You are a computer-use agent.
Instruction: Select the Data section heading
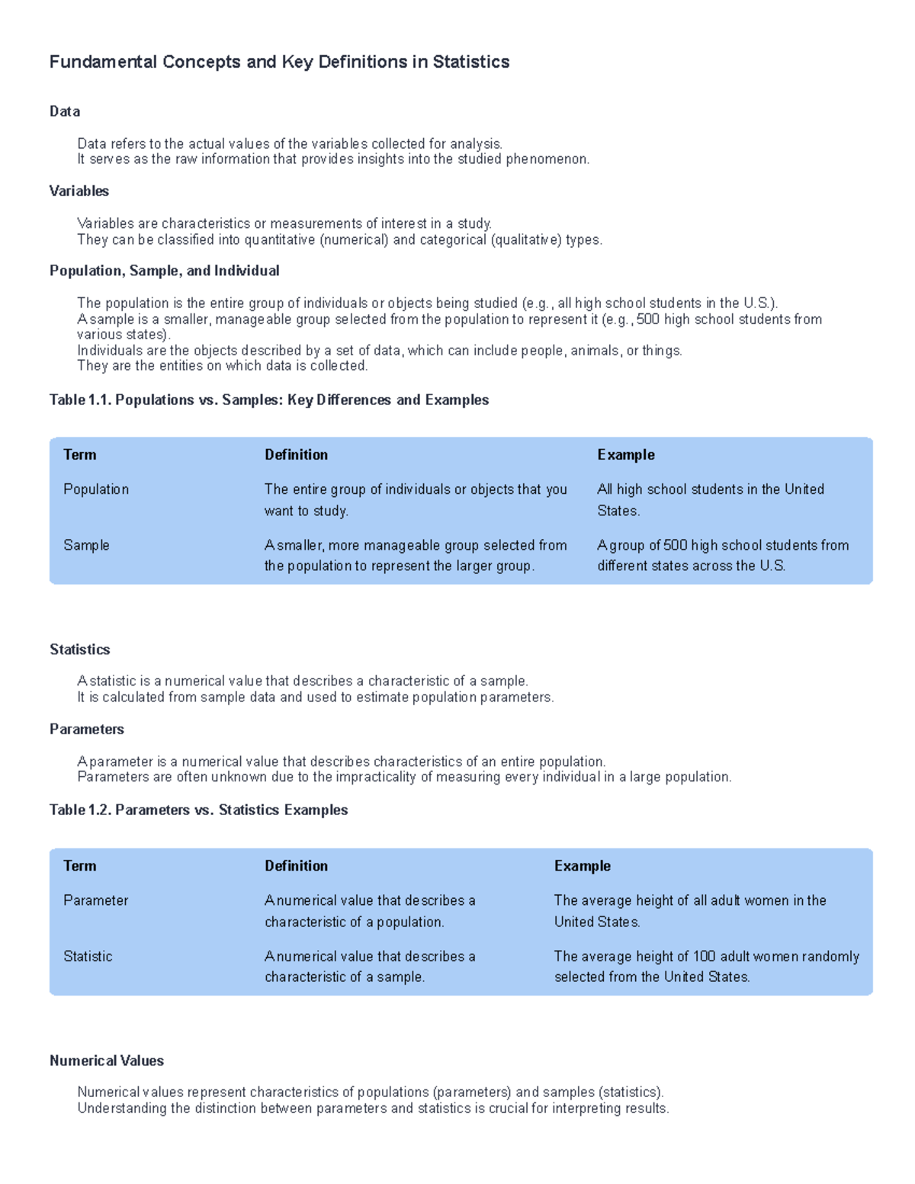(x=65, y=111)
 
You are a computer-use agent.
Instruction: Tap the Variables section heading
(x=79, y=191)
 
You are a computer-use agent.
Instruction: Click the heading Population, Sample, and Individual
(x=164, y=271)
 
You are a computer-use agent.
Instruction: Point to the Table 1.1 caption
(x=269, y=400)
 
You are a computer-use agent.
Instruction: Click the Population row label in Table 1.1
(x=96, y=489)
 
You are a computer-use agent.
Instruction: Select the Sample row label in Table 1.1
(x=86, y=545)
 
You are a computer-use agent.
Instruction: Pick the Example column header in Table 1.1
(x=625, y=455)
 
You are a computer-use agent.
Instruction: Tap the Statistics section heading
(x=79, y=650)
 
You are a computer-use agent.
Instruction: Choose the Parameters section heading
(x=86, y=730)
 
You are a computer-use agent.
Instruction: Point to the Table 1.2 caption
(x=198, y=810)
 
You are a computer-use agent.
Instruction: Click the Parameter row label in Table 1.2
(x=95, y=900)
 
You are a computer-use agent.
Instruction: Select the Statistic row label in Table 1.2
(x=88, y=956)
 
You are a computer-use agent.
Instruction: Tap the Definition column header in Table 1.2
(x=296, y=866)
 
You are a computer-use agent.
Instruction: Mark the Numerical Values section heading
(x=107, y=1061)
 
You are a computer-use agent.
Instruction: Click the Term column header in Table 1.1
(x=79, y=455)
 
